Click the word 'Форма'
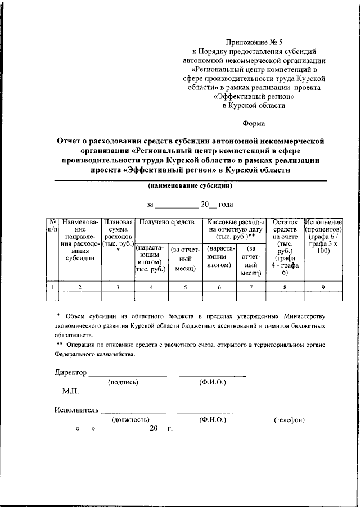coord(254,124)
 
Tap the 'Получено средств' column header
coord(166,222)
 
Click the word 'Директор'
coord(71,373)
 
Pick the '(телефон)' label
coord(289,420)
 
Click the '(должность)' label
coord(130,420)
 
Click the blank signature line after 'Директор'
coord(128,374)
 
